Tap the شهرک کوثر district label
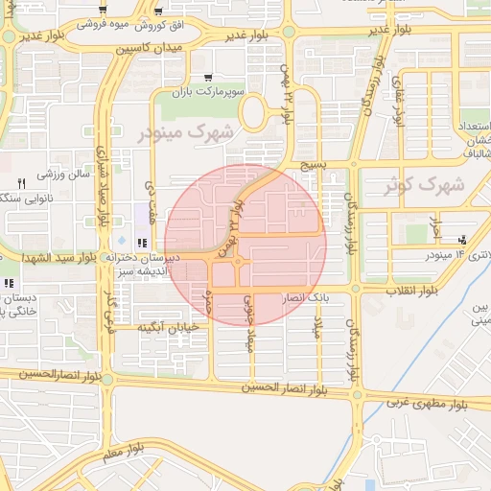(423, 186)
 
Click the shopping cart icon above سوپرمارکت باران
(209, 78)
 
